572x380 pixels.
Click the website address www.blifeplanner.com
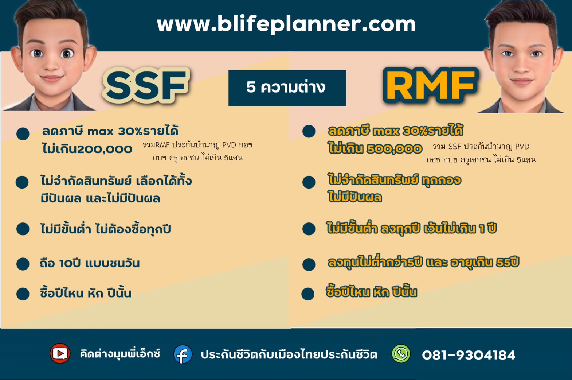coord(286,24)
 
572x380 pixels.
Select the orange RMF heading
coord(431,86)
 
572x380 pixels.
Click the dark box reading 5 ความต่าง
coord(287,88)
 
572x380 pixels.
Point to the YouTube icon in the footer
coord(60,353)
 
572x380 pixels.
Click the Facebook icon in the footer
coord(183,354)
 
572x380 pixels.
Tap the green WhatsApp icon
coord(401,354)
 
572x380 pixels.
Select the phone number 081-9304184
coord(469,355)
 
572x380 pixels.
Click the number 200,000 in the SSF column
coord(105,149)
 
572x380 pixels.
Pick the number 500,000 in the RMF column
coord(394,149)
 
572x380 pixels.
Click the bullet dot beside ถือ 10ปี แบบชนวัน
coord(23,264)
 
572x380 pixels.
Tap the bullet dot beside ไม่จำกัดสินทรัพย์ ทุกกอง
coord(309,182)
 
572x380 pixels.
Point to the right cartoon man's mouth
coord(521,81)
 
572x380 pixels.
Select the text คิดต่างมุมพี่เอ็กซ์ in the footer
coord(120,354)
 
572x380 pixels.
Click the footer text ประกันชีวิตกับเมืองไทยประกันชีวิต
coord(289,355)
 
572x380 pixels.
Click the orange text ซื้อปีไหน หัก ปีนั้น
coord(372,292)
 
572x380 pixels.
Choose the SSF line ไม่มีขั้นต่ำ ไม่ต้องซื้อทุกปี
coord(105,229)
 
